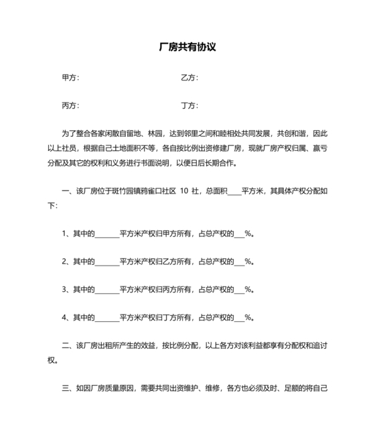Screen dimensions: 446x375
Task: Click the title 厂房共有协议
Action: click(187, 48)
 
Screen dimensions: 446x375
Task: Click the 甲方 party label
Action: click(69, 78)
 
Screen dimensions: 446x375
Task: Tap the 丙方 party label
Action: click(69, 106)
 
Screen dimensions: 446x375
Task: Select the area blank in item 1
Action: click(106, 234)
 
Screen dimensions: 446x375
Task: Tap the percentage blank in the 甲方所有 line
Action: click(238, 234)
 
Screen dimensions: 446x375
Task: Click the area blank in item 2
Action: click(106, 262)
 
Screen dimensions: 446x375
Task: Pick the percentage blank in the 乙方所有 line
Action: click(238, 262)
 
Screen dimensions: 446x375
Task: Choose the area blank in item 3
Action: click(106, 290)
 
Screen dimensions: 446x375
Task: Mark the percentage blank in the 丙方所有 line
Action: click(238, 290)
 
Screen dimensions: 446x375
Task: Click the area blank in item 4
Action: click(106, 317)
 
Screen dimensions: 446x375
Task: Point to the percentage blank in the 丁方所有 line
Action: click(238, 317)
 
